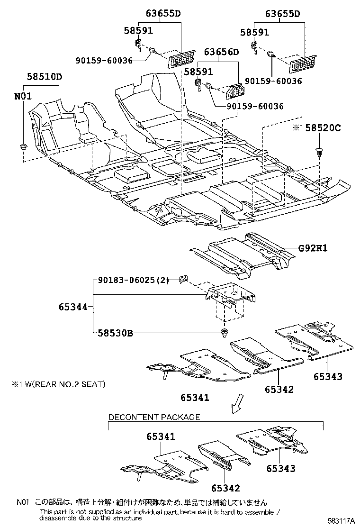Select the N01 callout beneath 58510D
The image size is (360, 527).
coord(23,96)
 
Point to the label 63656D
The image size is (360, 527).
coord(222,52)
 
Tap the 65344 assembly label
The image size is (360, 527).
coord(73,307)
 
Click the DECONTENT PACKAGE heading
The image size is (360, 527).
coord(154,417)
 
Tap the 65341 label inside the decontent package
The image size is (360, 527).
coord(157,436)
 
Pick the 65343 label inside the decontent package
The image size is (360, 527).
coord(280,469)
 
